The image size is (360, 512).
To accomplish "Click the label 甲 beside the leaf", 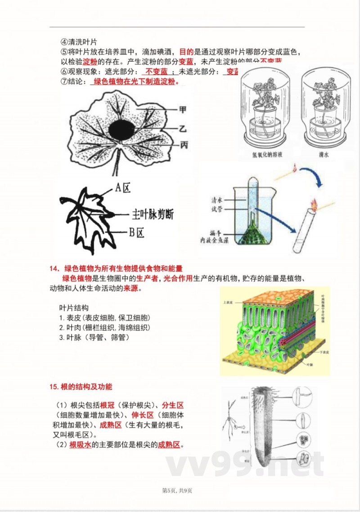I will click(183, 109).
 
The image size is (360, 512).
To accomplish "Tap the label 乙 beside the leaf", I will click(183, 129).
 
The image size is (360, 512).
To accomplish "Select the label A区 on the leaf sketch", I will click(122, 188).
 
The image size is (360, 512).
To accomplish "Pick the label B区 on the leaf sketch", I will click(135, 232).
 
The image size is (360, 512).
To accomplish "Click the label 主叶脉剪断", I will click(152, 214).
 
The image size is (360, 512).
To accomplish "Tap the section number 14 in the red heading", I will click(54, 269).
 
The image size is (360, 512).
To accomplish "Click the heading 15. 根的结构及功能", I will click(81, 386).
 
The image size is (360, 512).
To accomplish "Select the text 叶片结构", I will click(74, 308).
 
